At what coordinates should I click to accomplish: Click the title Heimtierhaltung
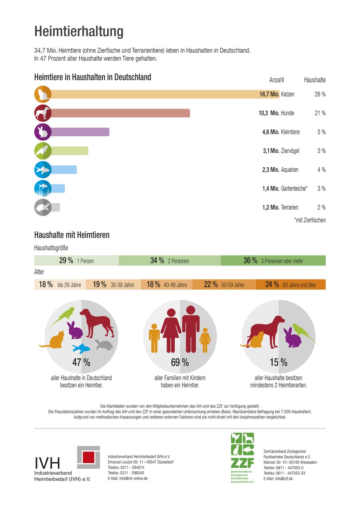coord(79,31)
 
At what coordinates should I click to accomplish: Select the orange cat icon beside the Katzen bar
coord(43,94)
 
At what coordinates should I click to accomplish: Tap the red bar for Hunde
coord(120,113)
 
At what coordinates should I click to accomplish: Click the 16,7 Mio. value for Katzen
coord(269,94)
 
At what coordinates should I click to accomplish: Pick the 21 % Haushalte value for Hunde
coord(320,113)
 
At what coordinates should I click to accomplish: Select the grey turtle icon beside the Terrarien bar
coord(43,207)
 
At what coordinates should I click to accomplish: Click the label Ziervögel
coord(290,151)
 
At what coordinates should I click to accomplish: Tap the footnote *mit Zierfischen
coord(310,220)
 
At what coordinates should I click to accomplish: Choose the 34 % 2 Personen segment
coord(170,260)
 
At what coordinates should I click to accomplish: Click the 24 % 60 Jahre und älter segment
coord(291,285)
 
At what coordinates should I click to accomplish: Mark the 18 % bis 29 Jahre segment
coord(60,285)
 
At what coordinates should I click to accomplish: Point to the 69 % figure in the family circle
coord(180,362)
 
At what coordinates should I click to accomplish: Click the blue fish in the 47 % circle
coord(81,348)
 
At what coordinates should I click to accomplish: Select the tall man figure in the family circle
coord(191,329)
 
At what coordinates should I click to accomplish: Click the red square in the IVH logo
coord(88,457)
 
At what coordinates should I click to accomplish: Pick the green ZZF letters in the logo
coord(242,463)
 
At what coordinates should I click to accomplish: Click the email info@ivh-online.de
coord(128,478)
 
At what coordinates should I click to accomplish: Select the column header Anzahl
coord(276,80)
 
